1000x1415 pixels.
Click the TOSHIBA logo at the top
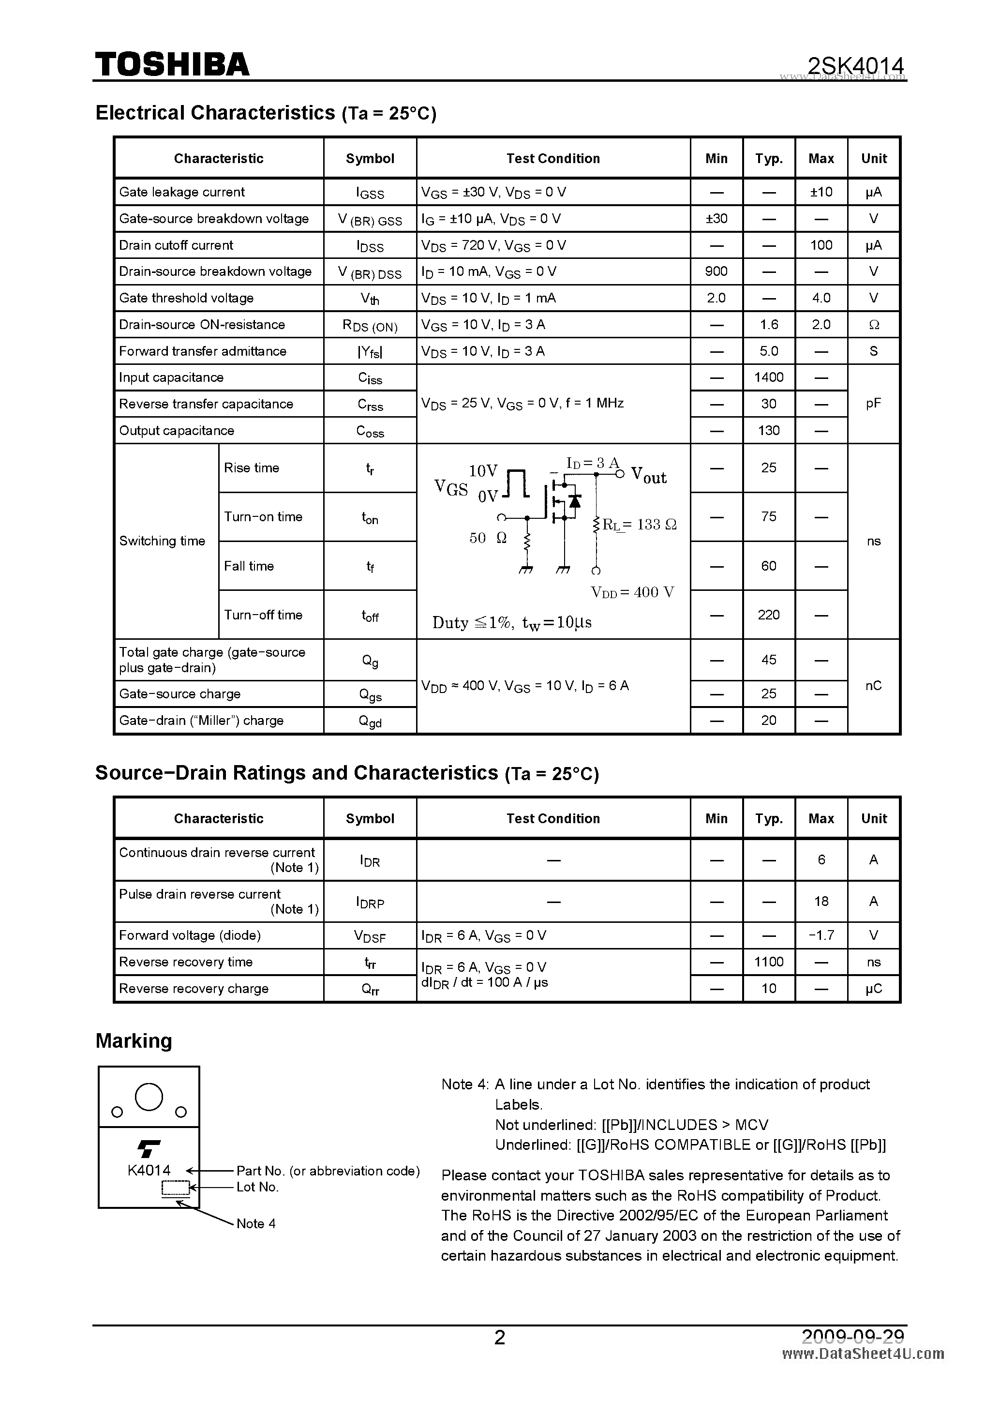click(172, 64)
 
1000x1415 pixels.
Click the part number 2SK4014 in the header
click(855, 65)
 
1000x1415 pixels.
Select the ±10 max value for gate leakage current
click(821, 192)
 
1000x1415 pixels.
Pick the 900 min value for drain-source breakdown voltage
click(716, 272)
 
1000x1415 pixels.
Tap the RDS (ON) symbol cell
click(370, 325)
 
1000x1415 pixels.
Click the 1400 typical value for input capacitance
click(768, 378)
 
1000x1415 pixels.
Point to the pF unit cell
click(873, 404)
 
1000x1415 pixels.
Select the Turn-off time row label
click(263, 615)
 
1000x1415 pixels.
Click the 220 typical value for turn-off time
click(768, 615)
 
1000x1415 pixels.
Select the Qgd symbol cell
click(370, 721)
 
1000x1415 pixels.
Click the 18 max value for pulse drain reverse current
click(821, 902)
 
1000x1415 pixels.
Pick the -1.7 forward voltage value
click(821, 935)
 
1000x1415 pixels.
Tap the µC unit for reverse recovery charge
click(873, 989)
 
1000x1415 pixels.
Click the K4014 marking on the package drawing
click(149, 1170)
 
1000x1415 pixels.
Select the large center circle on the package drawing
click(149, 1097)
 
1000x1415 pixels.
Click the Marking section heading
click(134, 1041)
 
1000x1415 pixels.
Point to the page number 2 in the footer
click(500, 1338)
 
